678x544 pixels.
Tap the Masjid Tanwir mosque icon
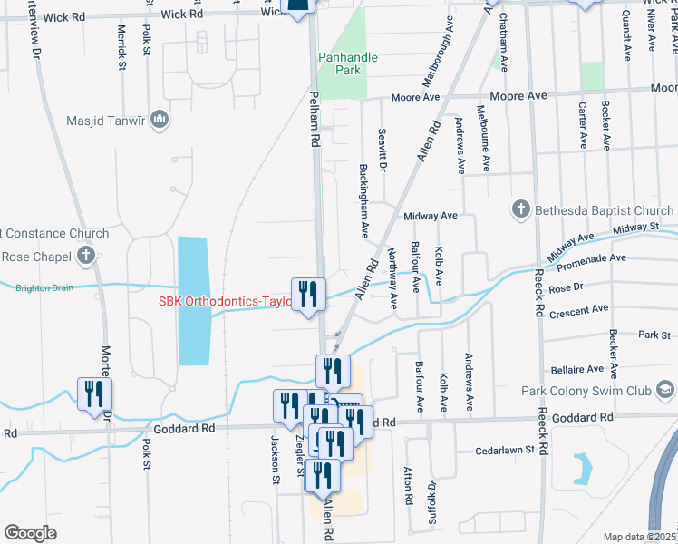tap(160, 120)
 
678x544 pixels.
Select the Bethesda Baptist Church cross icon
tap(521, 210)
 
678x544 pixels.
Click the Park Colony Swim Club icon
tap(666, 391)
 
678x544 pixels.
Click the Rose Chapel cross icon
tap(86, 256)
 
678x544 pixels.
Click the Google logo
tap(30, 533)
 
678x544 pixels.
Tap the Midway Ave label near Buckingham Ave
tap(430, 216)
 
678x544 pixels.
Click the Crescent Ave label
tap(577, 309)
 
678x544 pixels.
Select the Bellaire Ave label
tap(576, 370)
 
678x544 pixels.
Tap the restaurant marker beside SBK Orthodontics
tap(308, 295)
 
